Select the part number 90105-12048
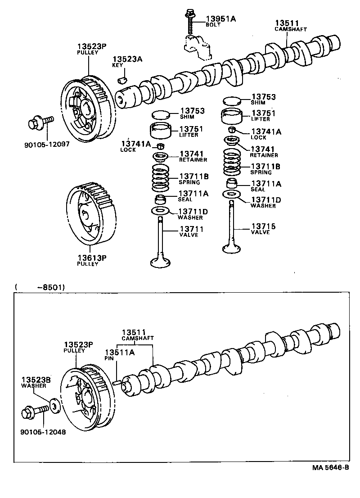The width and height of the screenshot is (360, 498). pyautogui.click(x=43, y=431)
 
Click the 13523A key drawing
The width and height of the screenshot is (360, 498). pyautogui.click(x=121, y=81)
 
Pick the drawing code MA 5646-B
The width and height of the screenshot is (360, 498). pyautogui.click(x=331, y=467)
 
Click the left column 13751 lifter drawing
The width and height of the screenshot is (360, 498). pyautogui.click(x=162, y=131)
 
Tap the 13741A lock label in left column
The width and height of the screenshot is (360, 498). pyautogui.click(x=135, y=144)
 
